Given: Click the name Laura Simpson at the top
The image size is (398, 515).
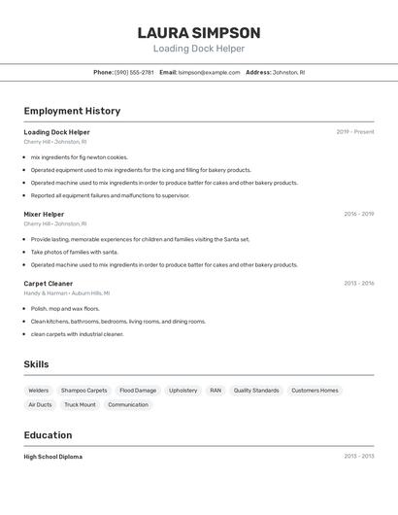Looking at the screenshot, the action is [x=199, y=32].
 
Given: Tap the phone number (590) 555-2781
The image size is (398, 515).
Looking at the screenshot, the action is [x=134, y=72].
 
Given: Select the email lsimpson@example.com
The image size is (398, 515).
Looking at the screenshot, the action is [x=209, y=72].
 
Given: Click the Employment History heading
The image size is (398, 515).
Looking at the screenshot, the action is [x=72, y=111].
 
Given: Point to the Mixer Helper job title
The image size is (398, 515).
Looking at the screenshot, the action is [x=44, y=214].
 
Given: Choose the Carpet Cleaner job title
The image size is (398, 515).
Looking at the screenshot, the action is [x=49, y=284].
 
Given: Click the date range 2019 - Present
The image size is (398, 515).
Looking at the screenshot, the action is [x=355, y=132].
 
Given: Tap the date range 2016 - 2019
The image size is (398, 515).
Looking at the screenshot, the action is [x=358, y=214].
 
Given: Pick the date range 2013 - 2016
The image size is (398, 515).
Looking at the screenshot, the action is [x=358, y=284].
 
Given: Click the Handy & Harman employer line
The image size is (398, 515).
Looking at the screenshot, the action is [x=67, y=292].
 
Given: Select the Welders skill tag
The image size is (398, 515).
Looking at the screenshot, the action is [x=39, y=391].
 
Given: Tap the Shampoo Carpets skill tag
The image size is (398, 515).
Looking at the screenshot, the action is [x=84, y=391].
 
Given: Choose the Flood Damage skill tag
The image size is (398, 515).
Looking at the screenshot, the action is [x=138, y=391].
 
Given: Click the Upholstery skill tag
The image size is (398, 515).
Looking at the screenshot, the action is [x=182, y=391].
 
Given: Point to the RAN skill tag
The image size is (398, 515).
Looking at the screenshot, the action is [x=216, y=391].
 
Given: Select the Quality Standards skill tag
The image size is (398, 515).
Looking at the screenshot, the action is [x=256, y=391].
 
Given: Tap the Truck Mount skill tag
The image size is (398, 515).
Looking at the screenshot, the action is [x=80, y=405].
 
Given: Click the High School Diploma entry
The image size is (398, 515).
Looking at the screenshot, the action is [x=53, y=457].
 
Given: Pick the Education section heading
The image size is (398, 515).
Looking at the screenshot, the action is [x=48, y=435].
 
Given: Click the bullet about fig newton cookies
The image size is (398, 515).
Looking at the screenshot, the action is [x=79, y=156].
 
